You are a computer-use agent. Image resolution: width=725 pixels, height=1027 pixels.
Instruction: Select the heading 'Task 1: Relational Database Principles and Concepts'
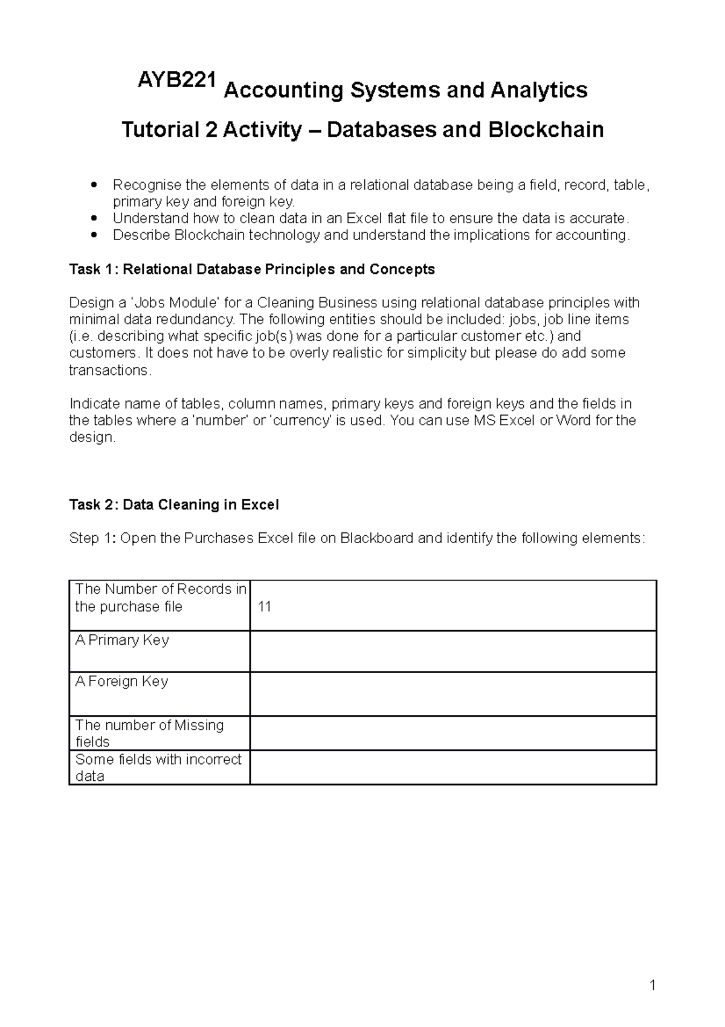(x=252, y=269)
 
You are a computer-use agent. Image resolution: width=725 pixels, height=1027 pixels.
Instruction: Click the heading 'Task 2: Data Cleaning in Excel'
(x=174, y=504)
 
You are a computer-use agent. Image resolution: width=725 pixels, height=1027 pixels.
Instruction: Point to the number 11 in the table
(x=264, y=607)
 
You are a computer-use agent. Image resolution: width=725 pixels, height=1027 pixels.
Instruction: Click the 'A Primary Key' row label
(x=122, y=640)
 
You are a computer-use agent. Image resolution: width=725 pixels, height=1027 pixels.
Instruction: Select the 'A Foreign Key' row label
(x=121, y=681)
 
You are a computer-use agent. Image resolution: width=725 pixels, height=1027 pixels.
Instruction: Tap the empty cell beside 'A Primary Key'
(x=453, y=651)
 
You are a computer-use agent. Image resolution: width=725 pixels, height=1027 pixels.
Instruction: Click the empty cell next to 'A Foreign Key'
(x=453, y=694)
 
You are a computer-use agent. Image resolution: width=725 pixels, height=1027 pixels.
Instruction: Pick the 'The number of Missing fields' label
(x=149, y=733)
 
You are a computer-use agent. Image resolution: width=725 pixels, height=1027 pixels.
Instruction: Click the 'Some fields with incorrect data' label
(x=158, y=767)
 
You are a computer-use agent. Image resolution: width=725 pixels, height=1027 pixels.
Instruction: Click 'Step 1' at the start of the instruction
(x=92, y=538)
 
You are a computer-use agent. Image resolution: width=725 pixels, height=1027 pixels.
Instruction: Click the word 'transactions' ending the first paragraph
(x=109, y=370)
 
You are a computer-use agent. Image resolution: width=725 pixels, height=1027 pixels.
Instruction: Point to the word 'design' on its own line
(x=91, y=437)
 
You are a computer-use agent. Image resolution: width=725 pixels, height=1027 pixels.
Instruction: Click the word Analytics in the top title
(x=539, y=90)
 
